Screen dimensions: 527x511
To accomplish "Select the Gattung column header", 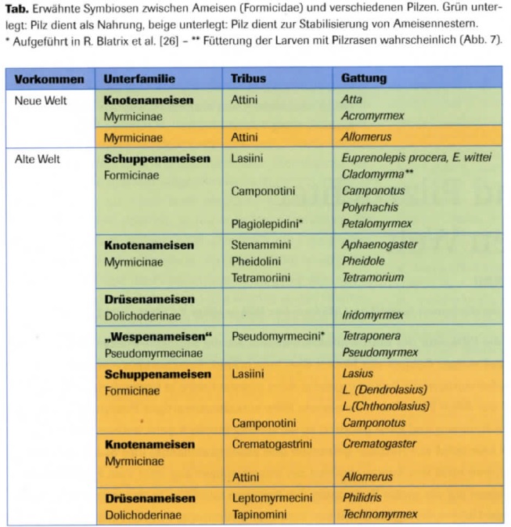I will [364, 79].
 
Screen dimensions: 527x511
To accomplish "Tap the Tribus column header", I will [248, 79].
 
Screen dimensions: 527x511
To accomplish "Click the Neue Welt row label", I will [41, 100].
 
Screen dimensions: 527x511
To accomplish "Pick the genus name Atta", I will [352, 100].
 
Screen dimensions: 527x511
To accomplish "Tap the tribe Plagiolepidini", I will [267, 224].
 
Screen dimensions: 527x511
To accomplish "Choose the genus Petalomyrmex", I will [377, 224].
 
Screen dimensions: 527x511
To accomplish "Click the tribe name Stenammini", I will [261, 245].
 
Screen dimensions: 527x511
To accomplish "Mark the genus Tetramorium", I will [372, 277].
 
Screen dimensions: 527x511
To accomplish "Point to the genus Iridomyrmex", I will [372, 315].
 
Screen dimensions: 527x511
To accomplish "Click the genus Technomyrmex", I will [380, 514].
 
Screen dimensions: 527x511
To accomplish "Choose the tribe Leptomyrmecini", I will [272, 497].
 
